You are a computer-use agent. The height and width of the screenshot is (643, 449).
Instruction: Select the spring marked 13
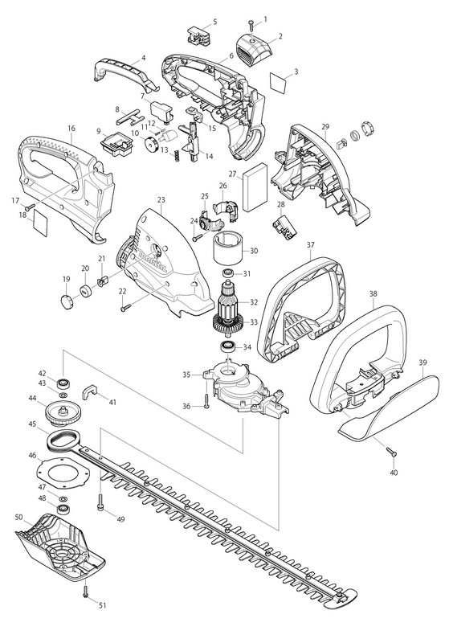click(x=178, y=156)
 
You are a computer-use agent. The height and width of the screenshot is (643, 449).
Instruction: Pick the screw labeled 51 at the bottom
click(x=86, y=592)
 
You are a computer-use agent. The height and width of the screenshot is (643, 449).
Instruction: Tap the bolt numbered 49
click(x=100, y=502)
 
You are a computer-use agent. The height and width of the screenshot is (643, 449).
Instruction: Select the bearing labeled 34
click(x=227, y=346)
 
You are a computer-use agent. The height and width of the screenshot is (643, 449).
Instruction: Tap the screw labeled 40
click(x=392, y=452)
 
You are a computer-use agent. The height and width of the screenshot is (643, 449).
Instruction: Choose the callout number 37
click(x=310, y=245)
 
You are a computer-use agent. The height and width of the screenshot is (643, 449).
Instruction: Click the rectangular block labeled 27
click(x=255, y=189)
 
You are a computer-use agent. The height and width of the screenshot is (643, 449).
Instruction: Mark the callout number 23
click(x=161, y=199)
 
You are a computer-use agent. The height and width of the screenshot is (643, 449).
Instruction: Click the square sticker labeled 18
click(x=40, y=223)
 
